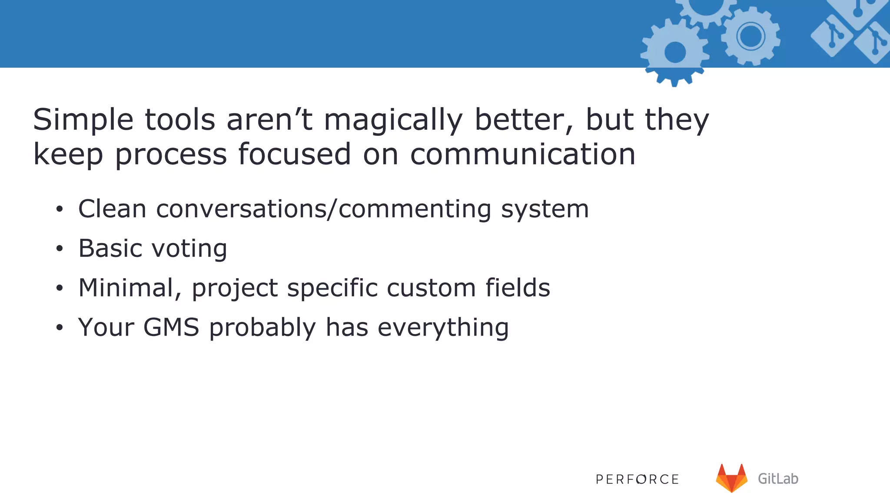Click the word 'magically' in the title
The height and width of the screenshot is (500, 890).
[x=393, y=120]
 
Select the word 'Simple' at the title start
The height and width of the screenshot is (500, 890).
[x=83, y=120]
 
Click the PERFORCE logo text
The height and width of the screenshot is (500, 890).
[x=637, y=479]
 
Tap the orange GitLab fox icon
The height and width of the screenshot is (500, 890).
[x=731, y=478]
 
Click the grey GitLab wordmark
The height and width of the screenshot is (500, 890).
[x=778, y=479]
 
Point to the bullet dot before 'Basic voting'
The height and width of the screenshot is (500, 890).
[x=60, y=249]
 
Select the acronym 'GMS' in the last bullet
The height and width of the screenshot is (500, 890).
[x=171, y=327]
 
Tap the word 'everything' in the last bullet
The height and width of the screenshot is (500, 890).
[x=443, y=327]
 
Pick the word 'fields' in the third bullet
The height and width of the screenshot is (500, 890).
[x=518, y=288]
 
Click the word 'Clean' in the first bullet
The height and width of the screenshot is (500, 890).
[x=112, y=209]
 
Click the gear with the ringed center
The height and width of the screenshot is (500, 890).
[x=751, y=36]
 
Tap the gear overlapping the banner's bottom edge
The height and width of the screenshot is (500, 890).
[x=675, y=53]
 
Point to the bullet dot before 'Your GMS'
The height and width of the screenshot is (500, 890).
[x=60, y=328]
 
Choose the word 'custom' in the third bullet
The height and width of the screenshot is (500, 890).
[x=431, y=288]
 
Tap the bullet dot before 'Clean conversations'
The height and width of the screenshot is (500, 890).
[x=60, y=210]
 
